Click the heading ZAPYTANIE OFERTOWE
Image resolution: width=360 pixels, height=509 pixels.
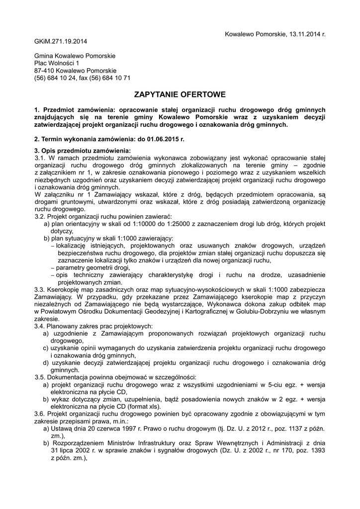click(180, 94)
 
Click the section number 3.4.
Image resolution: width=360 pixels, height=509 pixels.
click(40, 326)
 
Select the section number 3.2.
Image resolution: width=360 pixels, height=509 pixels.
click(40, 217)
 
